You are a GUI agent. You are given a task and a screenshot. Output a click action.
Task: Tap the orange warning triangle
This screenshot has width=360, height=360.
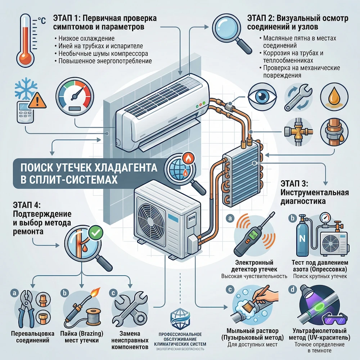click(36, 102)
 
